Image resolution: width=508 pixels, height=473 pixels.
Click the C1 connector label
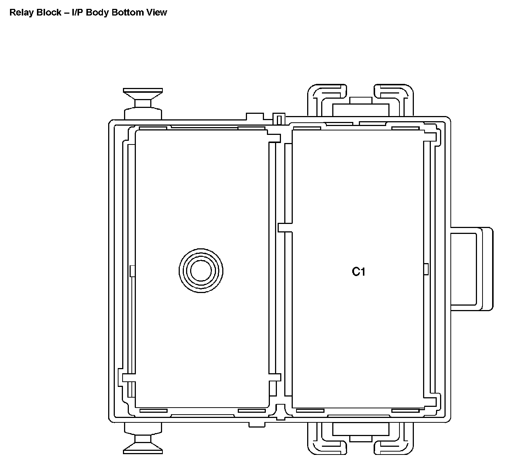click(358, 272)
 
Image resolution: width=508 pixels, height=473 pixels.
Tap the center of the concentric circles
click(201, 271)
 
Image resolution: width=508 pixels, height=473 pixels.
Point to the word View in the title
click(157, 12)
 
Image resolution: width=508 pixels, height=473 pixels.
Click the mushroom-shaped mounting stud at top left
click(143, 104)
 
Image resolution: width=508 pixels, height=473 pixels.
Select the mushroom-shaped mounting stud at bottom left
click(143, 438)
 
